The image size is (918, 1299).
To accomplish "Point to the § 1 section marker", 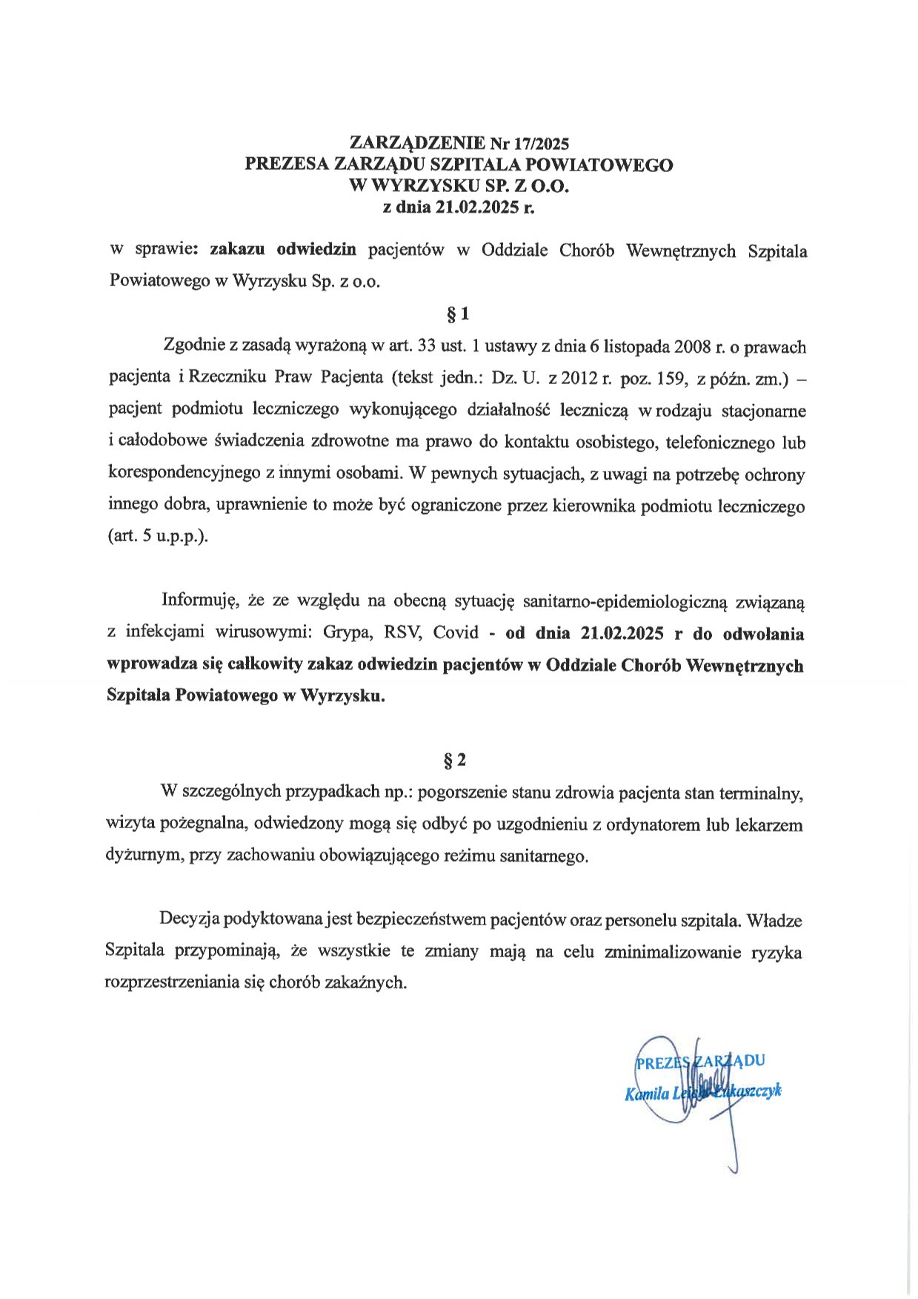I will click(x=459, y=314).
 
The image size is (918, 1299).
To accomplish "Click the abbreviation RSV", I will click(x=403, y=634).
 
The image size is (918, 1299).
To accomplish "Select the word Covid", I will click(x=456, y=634).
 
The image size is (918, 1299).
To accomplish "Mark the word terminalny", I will click(x=763, y=793).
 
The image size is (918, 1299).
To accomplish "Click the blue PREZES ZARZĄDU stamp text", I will click(x=700, y=1061).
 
